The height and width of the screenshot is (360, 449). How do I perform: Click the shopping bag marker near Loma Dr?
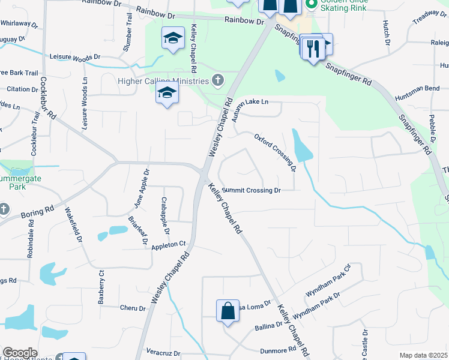pos(228,311)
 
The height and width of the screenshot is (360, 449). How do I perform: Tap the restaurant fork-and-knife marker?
pos(312,47)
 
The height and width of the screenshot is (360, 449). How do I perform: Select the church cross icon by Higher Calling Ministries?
pos(218,80)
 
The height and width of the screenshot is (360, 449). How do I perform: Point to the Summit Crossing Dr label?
pos(252,190)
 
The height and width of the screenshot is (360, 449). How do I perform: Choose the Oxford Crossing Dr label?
pos(276,152)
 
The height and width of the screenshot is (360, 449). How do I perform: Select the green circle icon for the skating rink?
pos(311,4)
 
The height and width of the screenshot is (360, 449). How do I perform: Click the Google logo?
pos(20,353)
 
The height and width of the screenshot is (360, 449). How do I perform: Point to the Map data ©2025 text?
pos(423,355)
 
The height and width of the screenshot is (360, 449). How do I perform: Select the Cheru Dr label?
pos(133,308)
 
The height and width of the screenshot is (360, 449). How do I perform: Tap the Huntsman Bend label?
pos(417,88)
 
